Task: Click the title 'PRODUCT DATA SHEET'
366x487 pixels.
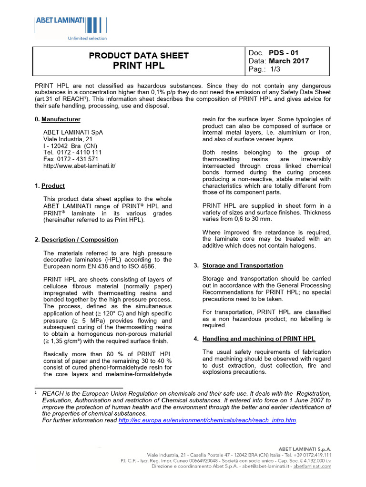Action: pos(139,56)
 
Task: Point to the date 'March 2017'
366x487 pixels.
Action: pos(288,61)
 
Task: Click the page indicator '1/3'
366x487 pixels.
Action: pos(275,69)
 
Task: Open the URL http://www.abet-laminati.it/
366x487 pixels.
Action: pos(79,166)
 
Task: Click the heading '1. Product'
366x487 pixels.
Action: pos(50,186)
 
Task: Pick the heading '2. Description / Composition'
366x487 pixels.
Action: pos(76,240)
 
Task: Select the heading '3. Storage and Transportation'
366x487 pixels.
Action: pos(242,265)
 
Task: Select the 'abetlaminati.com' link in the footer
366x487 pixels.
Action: pos(312,467)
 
